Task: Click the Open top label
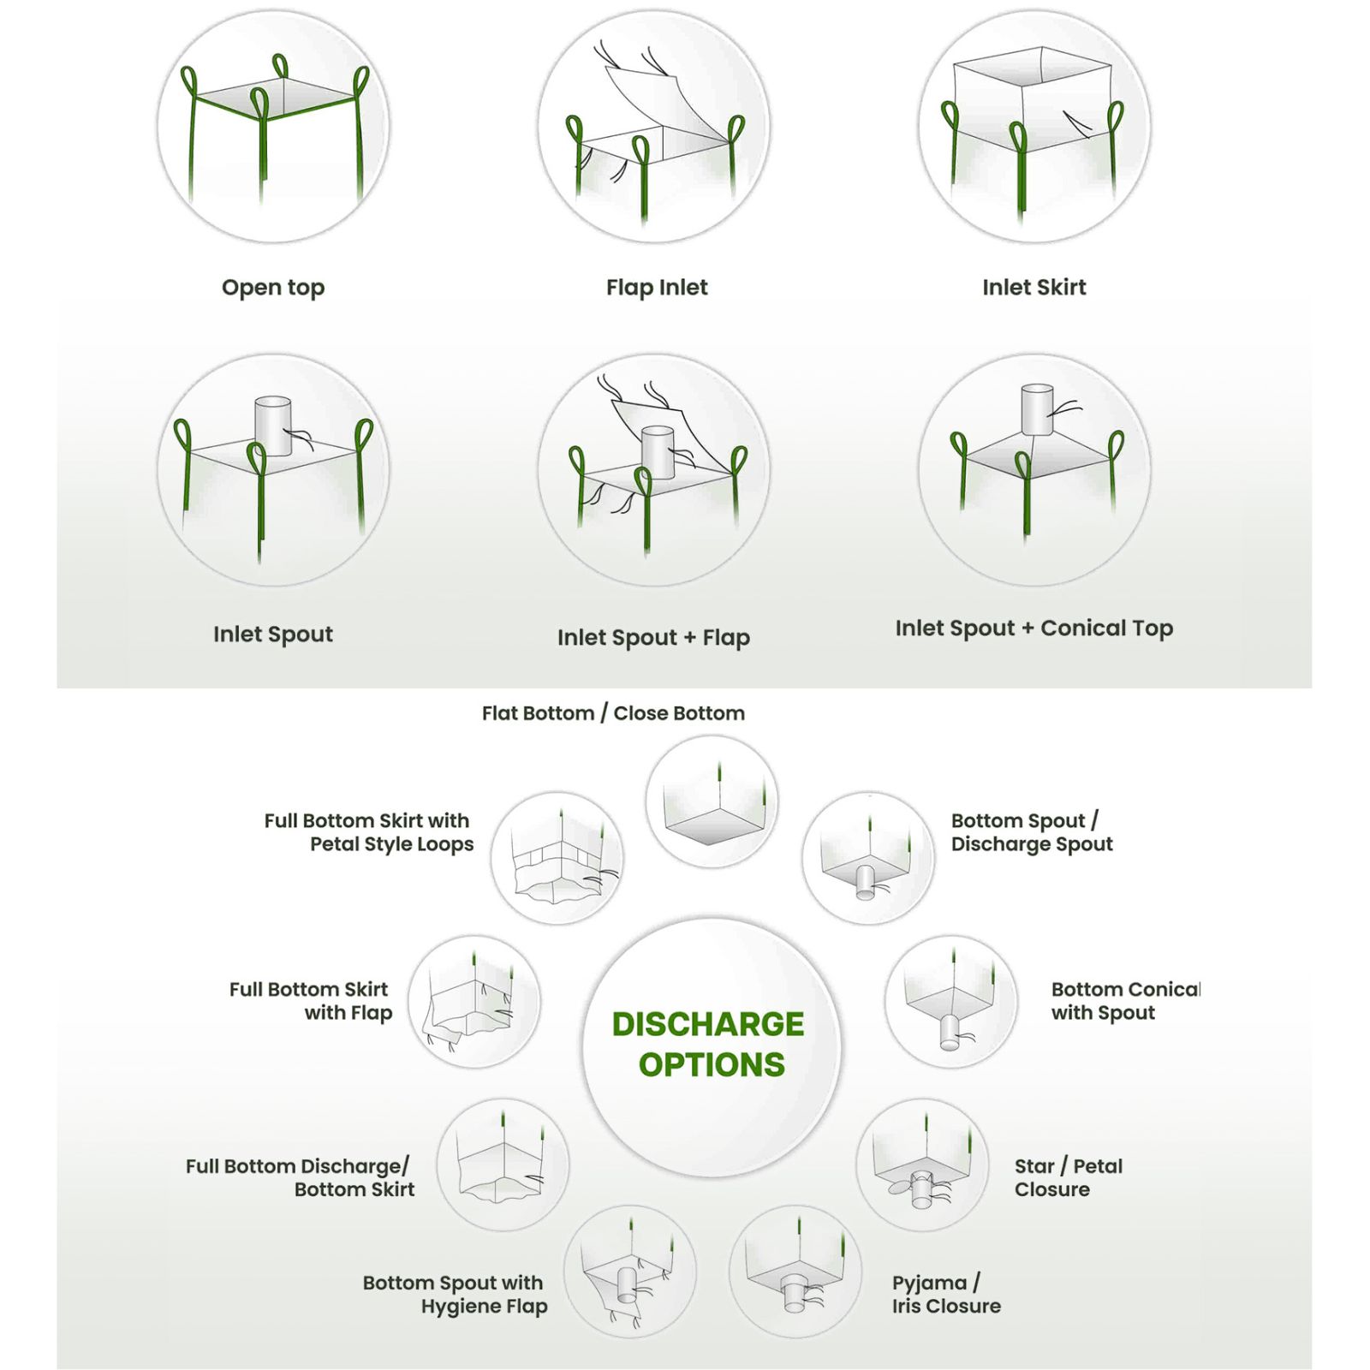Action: coord(273,288)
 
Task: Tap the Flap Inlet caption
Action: coord(657,288)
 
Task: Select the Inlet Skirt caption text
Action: coord(1033,288)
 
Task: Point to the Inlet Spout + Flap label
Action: coord(653,638)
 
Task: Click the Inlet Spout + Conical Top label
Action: coord(1033,628)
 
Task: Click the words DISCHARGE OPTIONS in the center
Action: coord(710,1044)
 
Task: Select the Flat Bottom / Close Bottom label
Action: coord(613,713)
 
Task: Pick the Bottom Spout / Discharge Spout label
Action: coord(1031,832)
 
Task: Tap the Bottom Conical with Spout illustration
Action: coord(950,1002)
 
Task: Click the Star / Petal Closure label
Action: coord(1068,1177)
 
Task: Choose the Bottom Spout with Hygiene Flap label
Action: coord(455,1295)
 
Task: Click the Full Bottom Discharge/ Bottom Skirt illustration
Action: coord(503,1164)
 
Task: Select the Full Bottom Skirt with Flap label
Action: coord(310,1001)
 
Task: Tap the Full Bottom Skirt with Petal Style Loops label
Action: coord(369,832)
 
